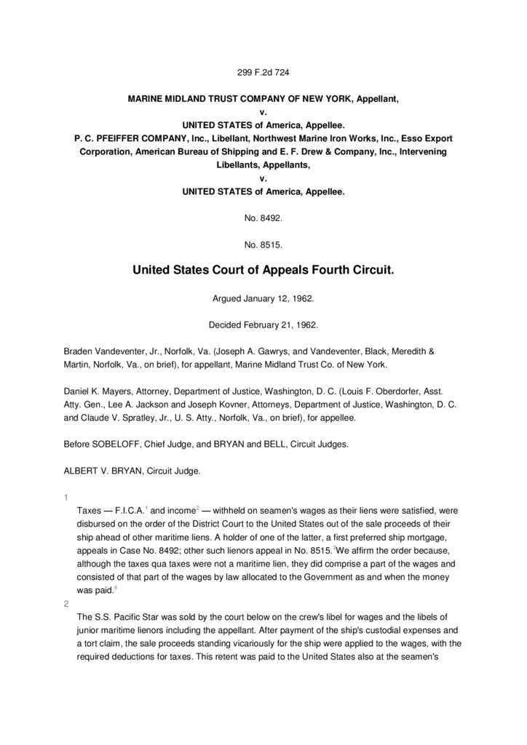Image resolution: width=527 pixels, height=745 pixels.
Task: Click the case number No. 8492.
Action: tap(263, 218)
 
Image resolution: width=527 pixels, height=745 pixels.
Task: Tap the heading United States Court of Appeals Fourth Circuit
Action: tap(263, 271)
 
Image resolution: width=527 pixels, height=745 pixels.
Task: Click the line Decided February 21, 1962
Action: tap(263, 324)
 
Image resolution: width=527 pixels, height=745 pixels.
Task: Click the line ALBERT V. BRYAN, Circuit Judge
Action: tap(132, 471)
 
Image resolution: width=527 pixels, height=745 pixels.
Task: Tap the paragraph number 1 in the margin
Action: tap(66, 498)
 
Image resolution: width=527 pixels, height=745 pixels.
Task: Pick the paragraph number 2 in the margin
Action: tap(66, 604)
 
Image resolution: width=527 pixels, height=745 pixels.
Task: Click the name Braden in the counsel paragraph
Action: tap(79, 351)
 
